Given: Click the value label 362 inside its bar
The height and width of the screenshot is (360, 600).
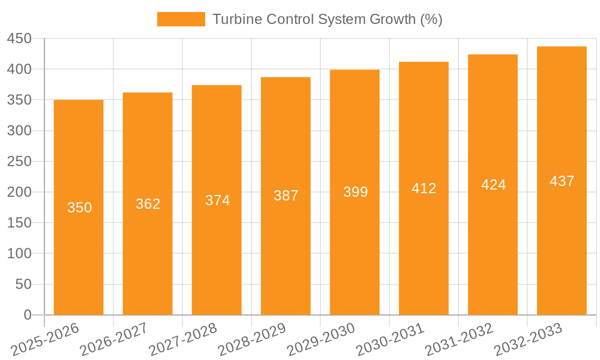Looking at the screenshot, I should pyautogui.click(x=148, y=204).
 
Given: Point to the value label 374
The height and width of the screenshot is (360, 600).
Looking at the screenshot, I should pyautogui.click(x=217, y=200).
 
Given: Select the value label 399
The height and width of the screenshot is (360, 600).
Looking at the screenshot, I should pyautogui.click(x=355, y=192).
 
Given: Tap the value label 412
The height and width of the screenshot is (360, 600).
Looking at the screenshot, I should pyautogui.click(x=424, y=188).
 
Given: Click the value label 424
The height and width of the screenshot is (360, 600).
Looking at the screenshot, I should pyautogui.click(x=493, y=185).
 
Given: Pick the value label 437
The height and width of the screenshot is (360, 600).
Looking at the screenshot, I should pyautogui.click(x=562, y=181).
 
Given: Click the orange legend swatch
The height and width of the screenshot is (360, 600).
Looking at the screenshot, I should pyautogui.click(x=181, y=19).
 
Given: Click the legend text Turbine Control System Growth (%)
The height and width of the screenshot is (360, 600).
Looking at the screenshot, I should pyautogui.click(x=328, y=19).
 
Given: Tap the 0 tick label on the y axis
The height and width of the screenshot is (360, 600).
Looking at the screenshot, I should pyautogui.click(x=27, y=315).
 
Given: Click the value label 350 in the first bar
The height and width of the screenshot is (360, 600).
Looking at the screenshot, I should pyautogui.click(x=79, y=208).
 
